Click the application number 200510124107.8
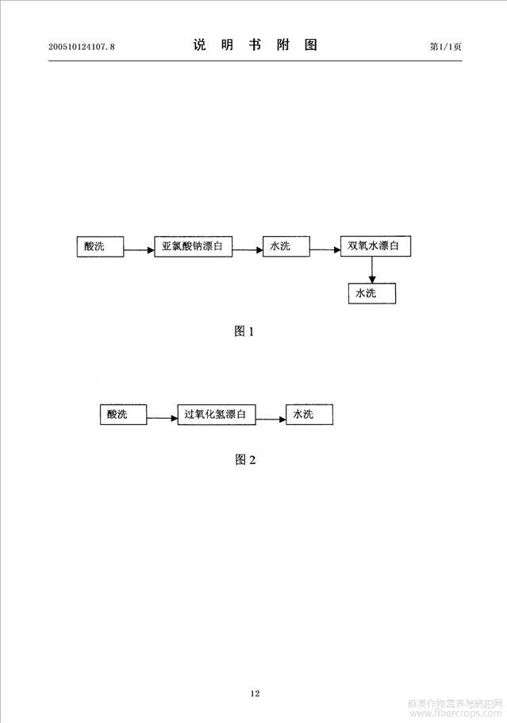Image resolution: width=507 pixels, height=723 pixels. click(x=82, y=47)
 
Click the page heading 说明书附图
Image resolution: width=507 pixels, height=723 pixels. click(x=255, y=44)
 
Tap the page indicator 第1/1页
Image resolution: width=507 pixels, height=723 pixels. click(x=445, y=47)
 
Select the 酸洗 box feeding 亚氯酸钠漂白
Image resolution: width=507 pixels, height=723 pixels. click(x=101, y=246)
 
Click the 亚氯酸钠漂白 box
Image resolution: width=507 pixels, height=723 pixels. click(x=194, y=246)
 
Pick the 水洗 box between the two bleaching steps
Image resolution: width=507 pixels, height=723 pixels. click(x=286, y=246)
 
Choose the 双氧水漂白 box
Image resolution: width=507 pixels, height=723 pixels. click(x=375, y=246)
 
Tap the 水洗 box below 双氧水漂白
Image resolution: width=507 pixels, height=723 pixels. click(x=372, y=293)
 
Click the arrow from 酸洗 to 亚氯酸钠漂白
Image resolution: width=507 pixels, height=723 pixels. click(x=139, y=250)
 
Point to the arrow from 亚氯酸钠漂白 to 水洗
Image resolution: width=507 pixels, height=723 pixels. click(x=248, y=250)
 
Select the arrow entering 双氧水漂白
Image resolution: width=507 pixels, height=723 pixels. click(x=325, y=250)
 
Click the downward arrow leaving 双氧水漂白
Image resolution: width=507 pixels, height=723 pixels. click(x=372, y=270)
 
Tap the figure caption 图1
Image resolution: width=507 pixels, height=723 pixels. click(x=244, y=331)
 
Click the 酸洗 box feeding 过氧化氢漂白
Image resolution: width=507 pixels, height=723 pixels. click(x=124, y=414)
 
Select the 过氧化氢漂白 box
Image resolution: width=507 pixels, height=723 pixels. click(x=217, y=414)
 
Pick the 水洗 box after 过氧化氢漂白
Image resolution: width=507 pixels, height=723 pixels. click(x=309, y=414)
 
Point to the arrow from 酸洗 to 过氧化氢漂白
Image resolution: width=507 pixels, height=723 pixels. click(x=162, y=418)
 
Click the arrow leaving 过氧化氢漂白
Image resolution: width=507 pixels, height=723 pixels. click(x=271, y=419)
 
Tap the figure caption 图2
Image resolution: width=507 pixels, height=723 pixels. click(x=245, y=460)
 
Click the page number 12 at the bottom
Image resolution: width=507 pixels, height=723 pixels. click(x=255, y=693)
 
